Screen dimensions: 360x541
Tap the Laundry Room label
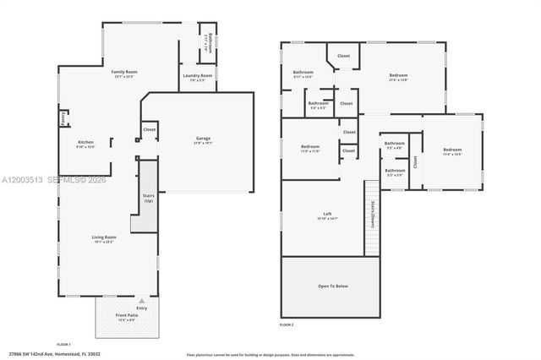coord(197,76)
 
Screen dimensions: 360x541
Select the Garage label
coord(203,138)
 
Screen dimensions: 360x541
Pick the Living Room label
coord(104,237)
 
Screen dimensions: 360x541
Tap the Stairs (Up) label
coord(149,198)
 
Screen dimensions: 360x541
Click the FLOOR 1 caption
coord(63,345)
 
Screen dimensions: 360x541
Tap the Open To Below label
coord(333,286)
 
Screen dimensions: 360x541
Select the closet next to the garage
coord(149,129)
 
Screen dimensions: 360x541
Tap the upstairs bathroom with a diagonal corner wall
coord(303,74)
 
